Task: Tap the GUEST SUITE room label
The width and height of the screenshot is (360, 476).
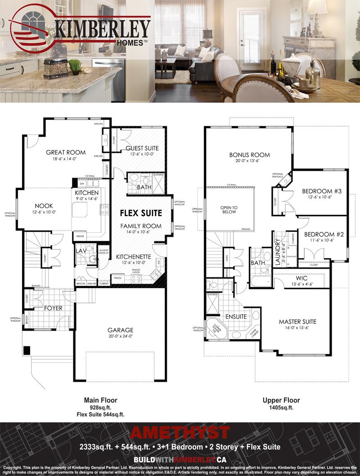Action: (x=142, y=148)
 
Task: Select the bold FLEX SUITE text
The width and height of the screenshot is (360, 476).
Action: (x=140, y=212)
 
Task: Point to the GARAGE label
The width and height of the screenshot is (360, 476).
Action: (x=120, y=330)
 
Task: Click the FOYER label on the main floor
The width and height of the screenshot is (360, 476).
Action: (x=53, y=308)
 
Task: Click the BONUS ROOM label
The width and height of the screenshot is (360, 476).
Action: (x=249, y=155)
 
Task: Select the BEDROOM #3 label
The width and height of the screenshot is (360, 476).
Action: (x=322, y=191)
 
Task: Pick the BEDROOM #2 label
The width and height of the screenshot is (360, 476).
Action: (x=324, y=234)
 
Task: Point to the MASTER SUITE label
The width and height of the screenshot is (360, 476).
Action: (x=297, y=322)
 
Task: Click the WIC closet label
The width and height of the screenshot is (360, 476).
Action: (x=301, y=279)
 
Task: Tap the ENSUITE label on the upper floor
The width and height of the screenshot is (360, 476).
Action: (x=236, y=317)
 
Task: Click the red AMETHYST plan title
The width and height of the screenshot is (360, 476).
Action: (x=180, y=433)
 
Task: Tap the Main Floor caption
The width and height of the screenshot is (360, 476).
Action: (x=100, y=400)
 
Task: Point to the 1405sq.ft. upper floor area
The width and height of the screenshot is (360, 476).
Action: (x=281, y=407)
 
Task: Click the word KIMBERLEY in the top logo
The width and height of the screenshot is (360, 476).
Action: (x=103, y=29)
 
